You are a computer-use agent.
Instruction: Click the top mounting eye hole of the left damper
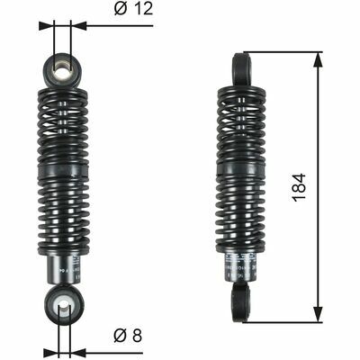62,68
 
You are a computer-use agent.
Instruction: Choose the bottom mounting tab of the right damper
241,301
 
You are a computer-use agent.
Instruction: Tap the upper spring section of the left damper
63,121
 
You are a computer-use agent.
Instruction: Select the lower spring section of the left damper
63,216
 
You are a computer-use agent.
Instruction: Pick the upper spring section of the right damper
241,121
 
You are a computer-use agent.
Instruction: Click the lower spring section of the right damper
241,216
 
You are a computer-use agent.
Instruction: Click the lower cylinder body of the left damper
62,270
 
